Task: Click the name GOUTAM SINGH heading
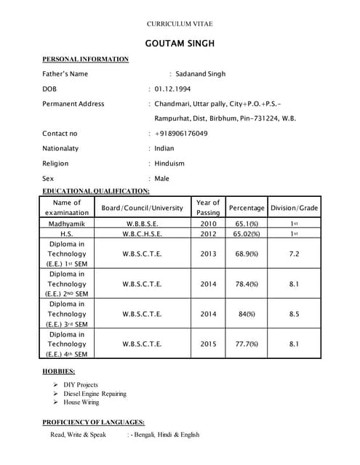pos(180,44)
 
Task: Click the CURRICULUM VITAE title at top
pos(180,24)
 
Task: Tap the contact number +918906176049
pos(181,134)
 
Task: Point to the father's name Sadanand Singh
pos(201,73)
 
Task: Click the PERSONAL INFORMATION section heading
pos(85,59)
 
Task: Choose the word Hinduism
pos(169,163)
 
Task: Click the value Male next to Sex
pos(161,178)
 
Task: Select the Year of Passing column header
pos(208,207)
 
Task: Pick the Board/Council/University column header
pos(142,208)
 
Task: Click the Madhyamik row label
pos(67,225)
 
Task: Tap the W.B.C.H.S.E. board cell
pos(142,234)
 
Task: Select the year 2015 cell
pos(208,344)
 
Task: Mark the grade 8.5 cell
pos(294,314)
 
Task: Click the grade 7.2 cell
pos(294,254)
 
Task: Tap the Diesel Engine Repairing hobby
pos(95,394)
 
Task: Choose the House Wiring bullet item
pos(81,403)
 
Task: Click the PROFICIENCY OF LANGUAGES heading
pos(93,422)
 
